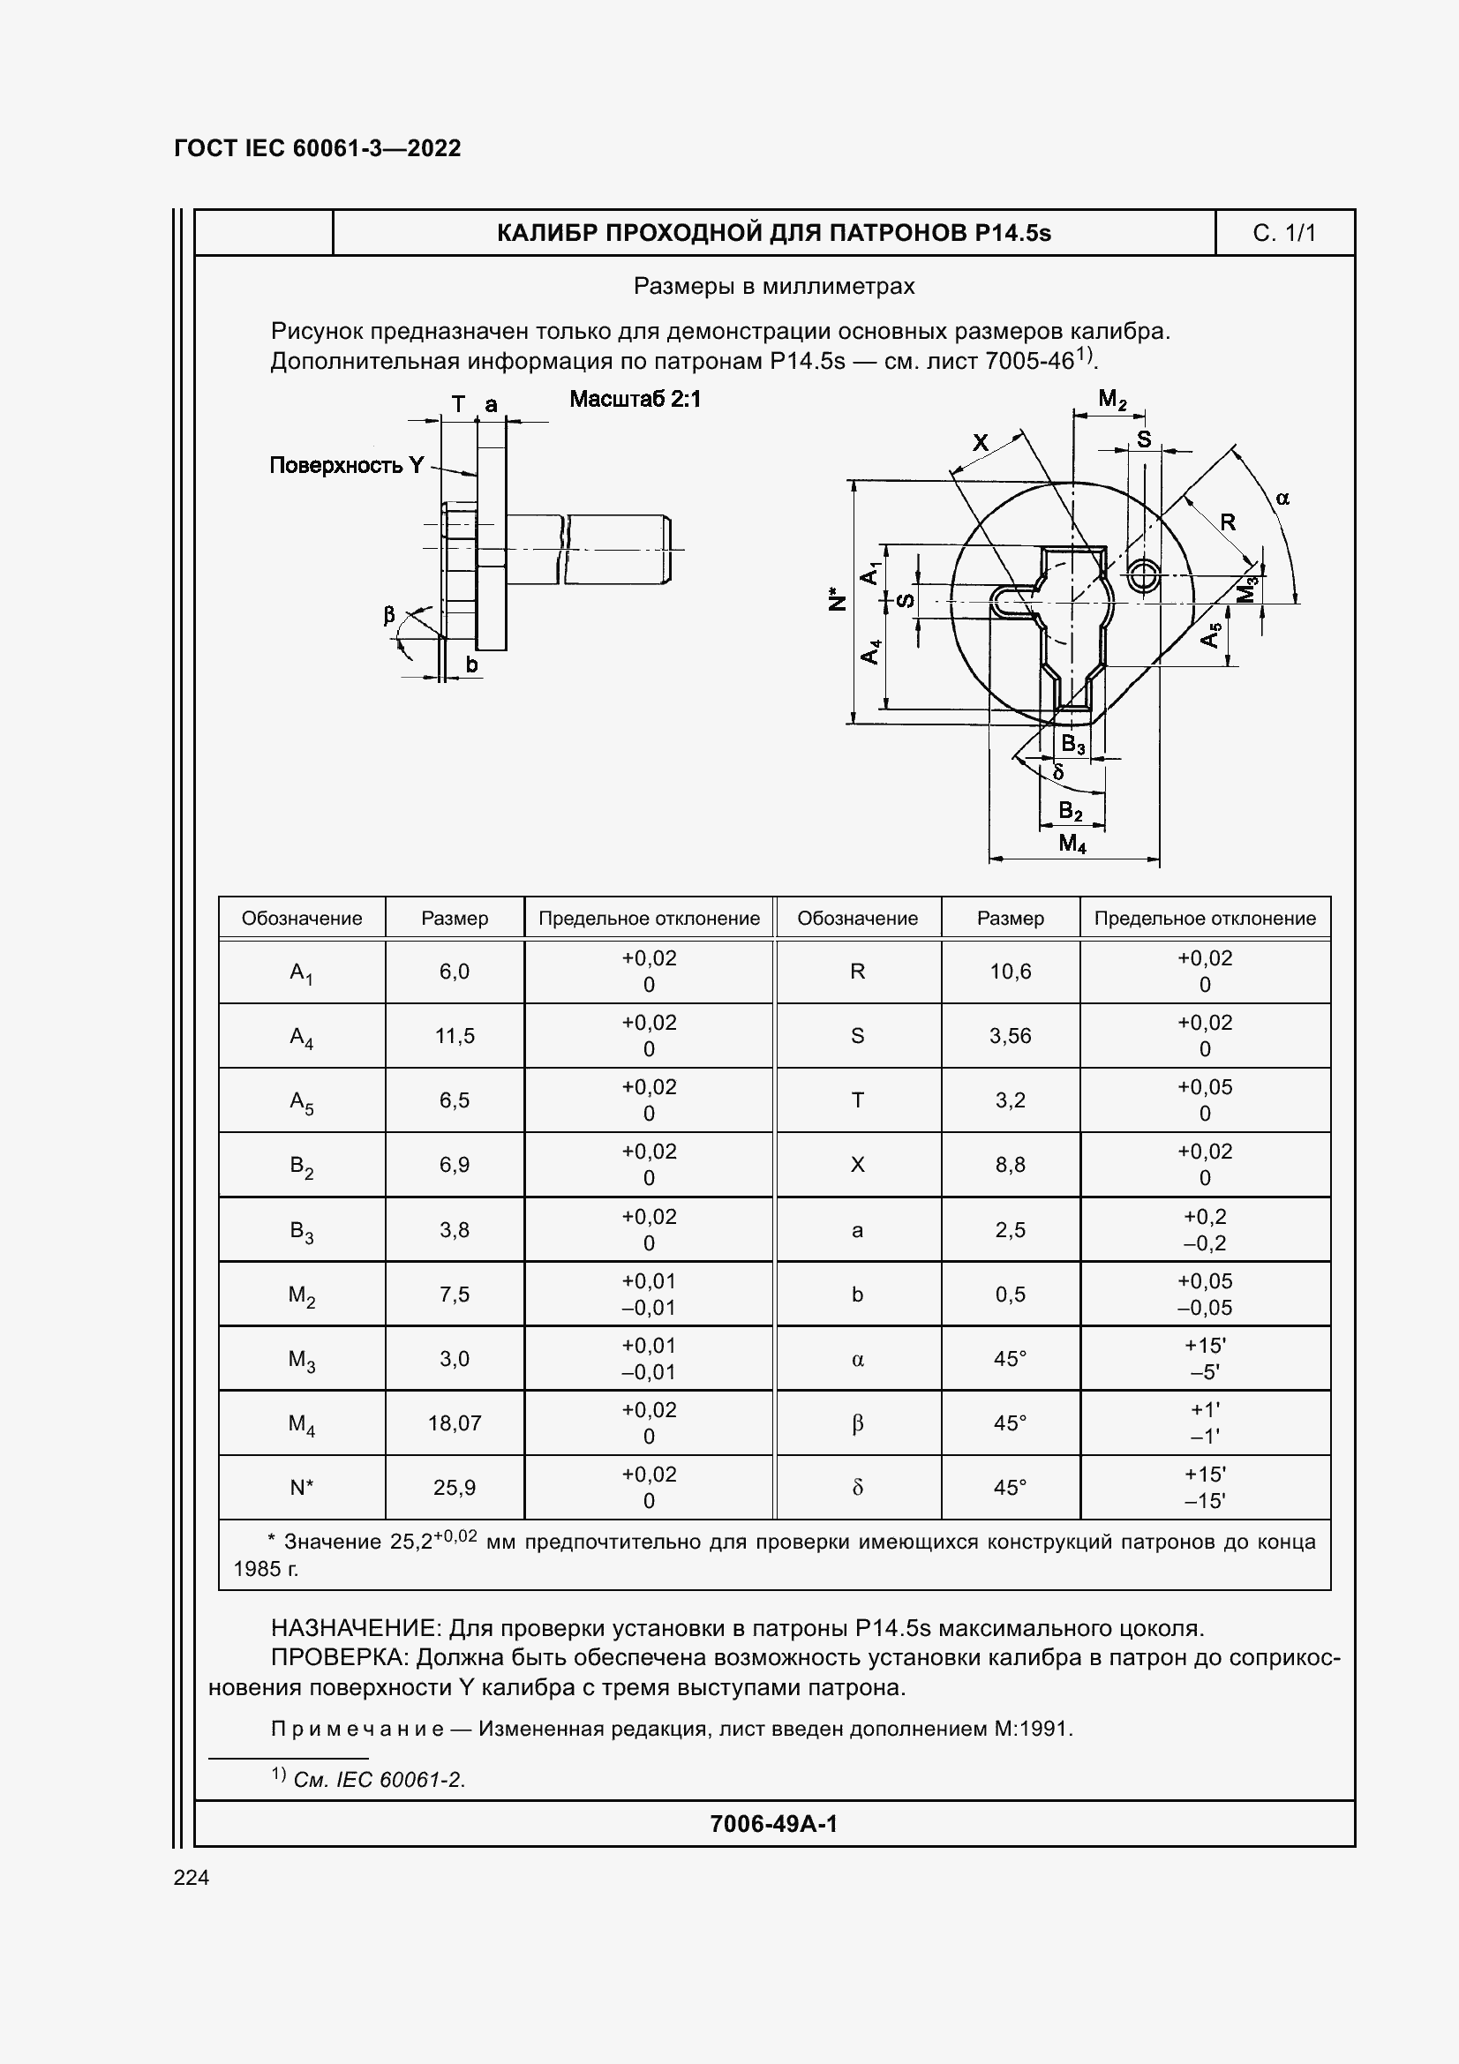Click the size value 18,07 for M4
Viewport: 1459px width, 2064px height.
click(x=454, y=1423)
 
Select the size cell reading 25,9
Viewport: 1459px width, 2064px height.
click(x=454, y=1488)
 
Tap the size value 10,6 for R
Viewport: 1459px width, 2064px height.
click(x=1011, y=972)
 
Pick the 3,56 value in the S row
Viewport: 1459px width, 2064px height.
click(x=1011, y=1036)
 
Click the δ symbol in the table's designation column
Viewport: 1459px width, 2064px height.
click(x=857, y=1488)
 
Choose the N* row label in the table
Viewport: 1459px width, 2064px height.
click(x=301, y=1488)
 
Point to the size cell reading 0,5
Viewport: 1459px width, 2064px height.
click(x=1011, y=1295)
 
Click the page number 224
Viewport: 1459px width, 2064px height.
click(x=192, y=1877)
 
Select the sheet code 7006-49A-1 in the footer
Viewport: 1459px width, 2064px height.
click(x=773, y=1823)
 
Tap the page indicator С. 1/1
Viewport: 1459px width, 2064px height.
click(x=1283, y=234)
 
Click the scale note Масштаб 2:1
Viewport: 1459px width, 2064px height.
click(x=635, y=399)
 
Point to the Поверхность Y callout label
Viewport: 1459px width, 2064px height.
click(x=346, y=465)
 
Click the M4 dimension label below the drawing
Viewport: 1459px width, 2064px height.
click(x=1072, y=844)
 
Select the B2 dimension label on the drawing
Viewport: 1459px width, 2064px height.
click(x=1071, y=812)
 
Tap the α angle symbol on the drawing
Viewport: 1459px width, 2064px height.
click(x=1282, y=498)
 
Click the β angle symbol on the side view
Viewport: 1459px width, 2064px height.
click(x=389, y=616)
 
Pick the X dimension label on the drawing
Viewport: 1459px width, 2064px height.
click(x=981, y=442)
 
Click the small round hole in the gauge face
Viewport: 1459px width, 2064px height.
click(x=1142, y=574)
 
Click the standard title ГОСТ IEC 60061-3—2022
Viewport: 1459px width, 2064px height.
click(x=318, y=148)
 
